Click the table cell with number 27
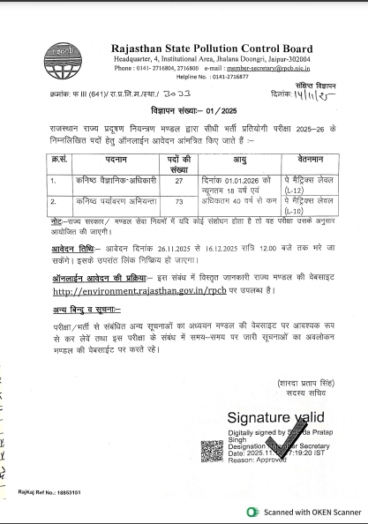pyautogui.click(x=178, y=180)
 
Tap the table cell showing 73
pyautogui.click(x=178, y=201)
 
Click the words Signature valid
pyautogui.click(x=276, y=416)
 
